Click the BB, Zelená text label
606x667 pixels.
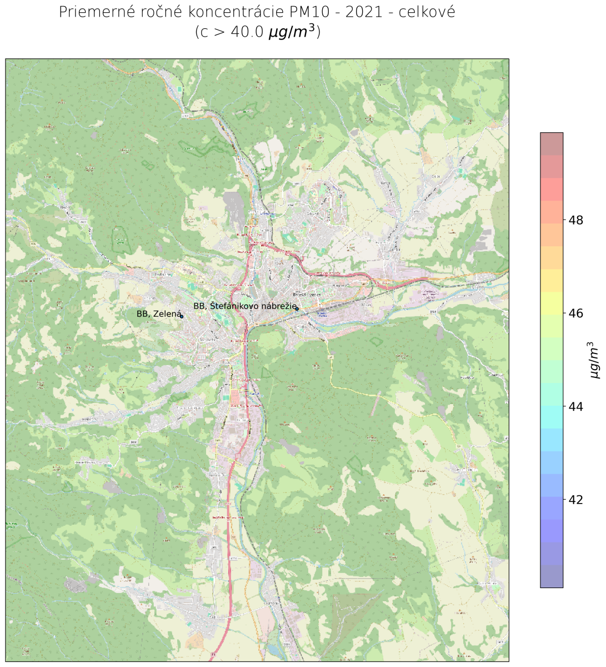[158, 314]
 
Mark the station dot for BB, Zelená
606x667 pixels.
[182, 316]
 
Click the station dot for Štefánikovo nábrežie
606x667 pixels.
[297, 308]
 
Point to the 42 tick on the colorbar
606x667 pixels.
[576, 500]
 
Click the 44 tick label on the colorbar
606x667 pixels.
[576, 407]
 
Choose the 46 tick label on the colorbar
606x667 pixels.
[576, 313]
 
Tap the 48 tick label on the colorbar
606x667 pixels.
[576, 221]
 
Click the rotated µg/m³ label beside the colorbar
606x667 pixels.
[595, 360]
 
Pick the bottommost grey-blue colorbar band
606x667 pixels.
[552, 576]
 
